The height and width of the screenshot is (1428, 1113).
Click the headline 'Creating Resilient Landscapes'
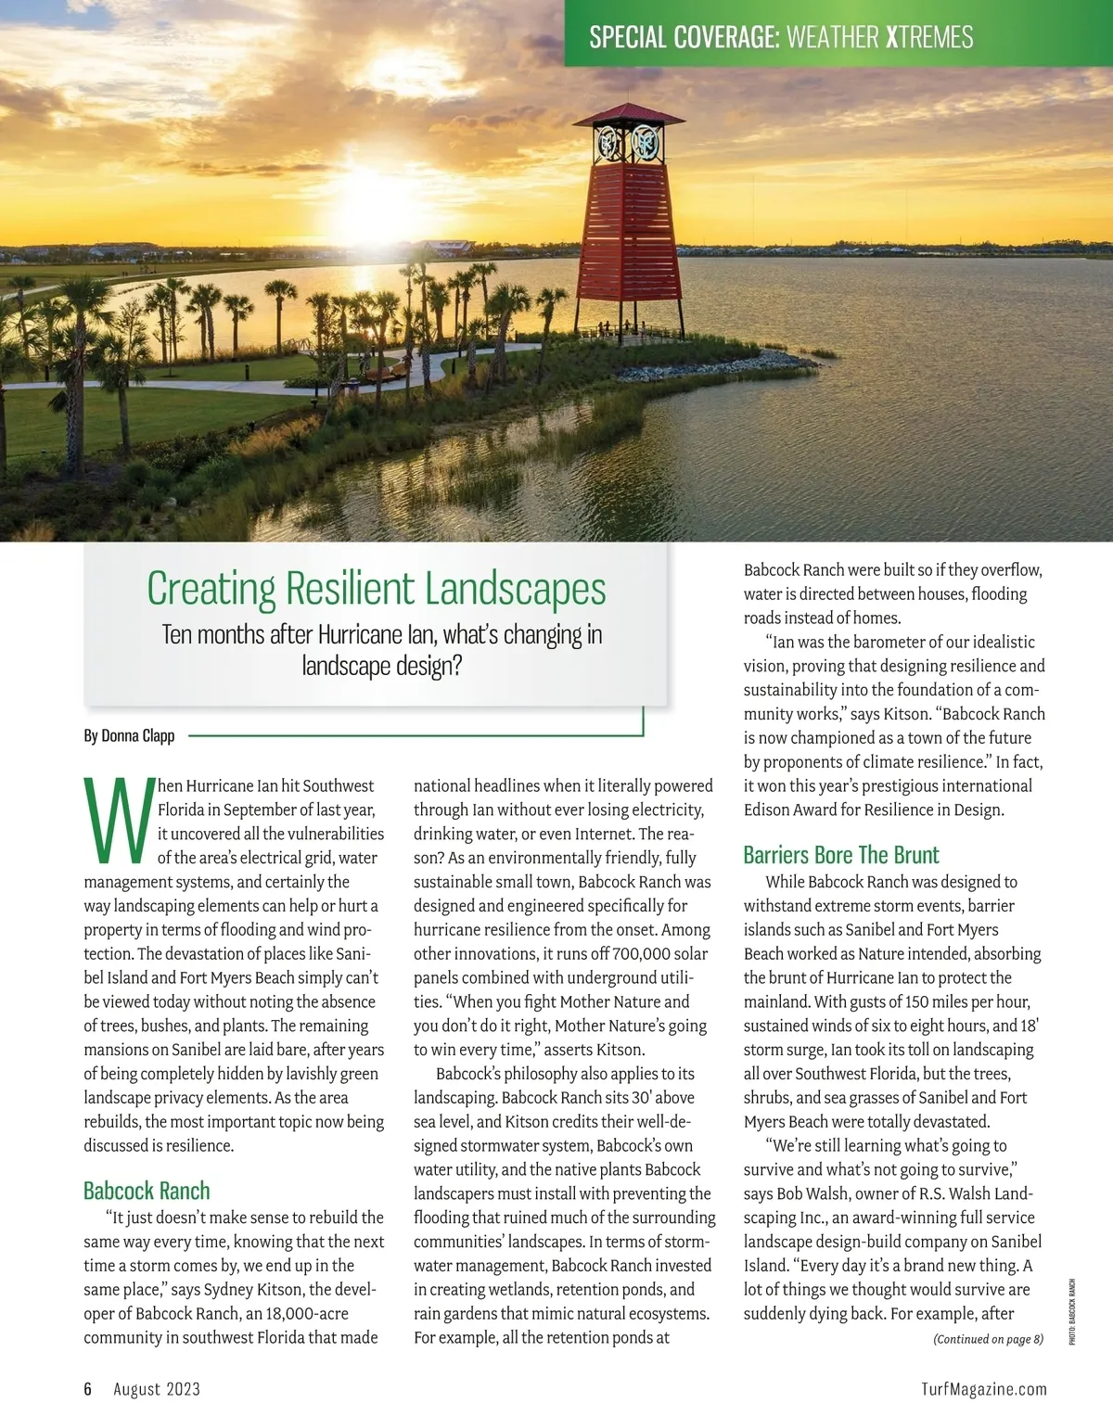pos(376,589)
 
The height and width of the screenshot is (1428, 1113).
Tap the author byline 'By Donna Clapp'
pos(129,736)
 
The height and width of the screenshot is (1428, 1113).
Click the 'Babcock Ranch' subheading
pos(147,1191)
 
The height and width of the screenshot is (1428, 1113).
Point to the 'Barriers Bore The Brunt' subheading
pos(841,855)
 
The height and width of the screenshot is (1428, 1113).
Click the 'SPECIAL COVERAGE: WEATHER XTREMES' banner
pos(781,37)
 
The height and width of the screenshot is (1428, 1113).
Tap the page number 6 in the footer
pos(88,1389)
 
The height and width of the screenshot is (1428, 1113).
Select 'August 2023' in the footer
pos(157,1389)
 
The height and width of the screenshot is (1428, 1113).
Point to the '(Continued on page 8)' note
pos(988,1339)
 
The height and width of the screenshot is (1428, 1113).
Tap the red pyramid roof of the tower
pos(629,115)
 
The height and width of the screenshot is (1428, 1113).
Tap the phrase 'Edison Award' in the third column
pos(788,810)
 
